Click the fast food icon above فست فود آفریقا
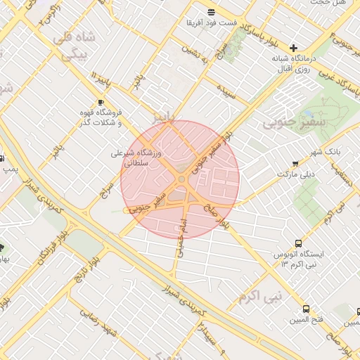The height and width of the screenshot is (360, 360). click(211, 12)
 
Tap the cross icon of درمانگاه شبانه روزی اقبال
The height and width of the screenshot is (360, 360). click(294, 48)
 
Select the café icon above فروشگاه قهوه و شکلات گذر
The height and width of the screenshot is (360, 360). click(100, 103)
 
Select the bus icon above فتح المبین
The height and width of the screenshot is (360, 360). click(306, 309)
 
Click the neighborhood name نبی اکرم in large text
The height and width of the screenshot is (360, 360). click(259, 297)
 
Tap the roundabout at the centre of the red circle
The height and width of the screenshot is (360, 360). click(181, 180)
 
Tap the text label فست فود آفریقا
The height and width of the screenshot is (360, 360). click(211, 23)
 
